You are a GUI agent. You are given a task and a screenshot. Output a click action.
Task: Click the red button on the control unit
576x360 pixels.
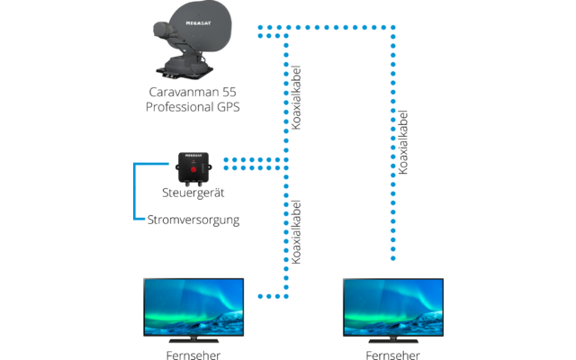(x=191, y=168)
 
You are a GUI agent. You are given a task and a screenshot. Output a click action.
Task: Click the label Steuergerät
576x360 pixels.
(x=192, y=193)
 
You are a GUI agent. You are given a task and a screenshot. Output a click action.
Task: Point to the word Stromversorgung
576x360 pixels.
(x=193, y=218)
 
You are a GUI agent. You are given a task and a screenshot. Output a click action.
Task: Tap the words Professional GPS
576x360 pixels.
(x=193, y=108)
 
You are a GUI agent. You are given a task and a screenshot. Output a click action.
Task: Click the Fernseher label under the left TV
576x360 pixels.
(x=193, y=355)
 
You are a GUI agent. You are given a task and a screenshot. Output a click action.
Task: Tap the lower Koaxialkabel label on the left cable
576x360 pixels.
(x=298, y=232)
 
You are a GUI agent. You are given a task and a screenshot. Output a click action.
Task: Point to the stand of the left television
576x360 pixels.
(x=193, y=340)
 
